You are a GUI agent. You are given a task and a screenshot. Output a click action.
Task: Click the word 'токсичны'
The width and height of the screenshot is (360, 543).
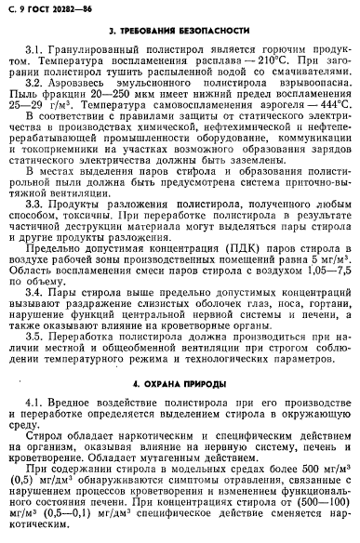tap(91, 241)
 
